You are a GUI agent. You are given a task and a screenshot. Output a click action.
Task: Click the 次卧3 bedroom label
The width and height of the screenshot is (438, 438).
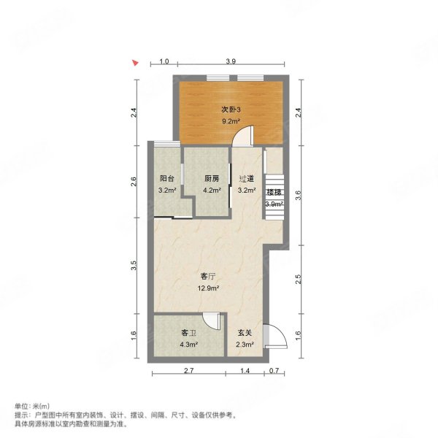[x=231, y=109]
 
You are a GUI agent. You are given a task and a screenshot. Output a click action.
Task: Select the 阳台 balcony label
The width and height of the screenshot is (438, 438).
[x=166, y=179]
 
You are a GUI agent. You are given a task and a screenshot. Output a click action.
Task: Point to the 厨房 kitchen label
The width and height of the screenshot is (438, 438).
[x=212, y=179]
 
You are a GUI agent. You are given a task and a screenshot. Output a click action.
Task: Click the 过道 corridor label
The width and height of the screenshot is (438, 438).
[x=247, y=179]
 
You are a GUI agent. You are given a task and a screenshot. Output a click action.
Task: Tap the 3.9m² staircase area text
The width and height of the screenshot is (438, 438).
[x=274, y=203]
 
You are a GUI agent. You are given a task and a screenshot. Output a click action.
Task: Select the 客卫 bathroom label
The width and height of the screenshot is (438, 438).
[x=188, y=333]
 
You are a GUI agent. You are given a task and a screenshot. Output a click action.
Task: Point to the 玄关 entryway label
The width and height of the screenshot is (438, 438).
[x=245, y=333]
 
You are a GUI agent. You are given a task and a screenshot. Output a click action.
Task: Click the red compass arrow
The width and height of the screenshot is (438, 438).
[x=134, y=63]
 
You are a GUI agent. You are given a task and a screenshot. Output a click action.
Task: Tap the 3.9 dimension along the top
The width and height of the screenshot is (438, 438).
[x=231, y=61]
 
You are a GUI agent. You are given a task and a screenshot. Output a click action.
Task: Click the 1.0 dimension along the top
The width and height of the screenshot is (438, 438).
[x=164, y=61]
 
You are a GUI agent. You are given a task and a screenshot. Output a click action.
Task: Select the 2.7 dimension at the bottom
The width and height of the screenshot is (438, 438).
[x=188, y=372]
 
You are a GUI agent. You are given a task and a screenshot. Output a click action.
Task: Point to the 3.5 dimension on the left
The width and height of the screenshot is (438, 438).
[x=134, y=266]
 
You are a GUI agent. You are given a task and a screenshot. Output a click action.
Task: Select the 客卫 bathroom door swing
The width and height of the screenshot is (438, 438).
[x=211, y=322]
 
